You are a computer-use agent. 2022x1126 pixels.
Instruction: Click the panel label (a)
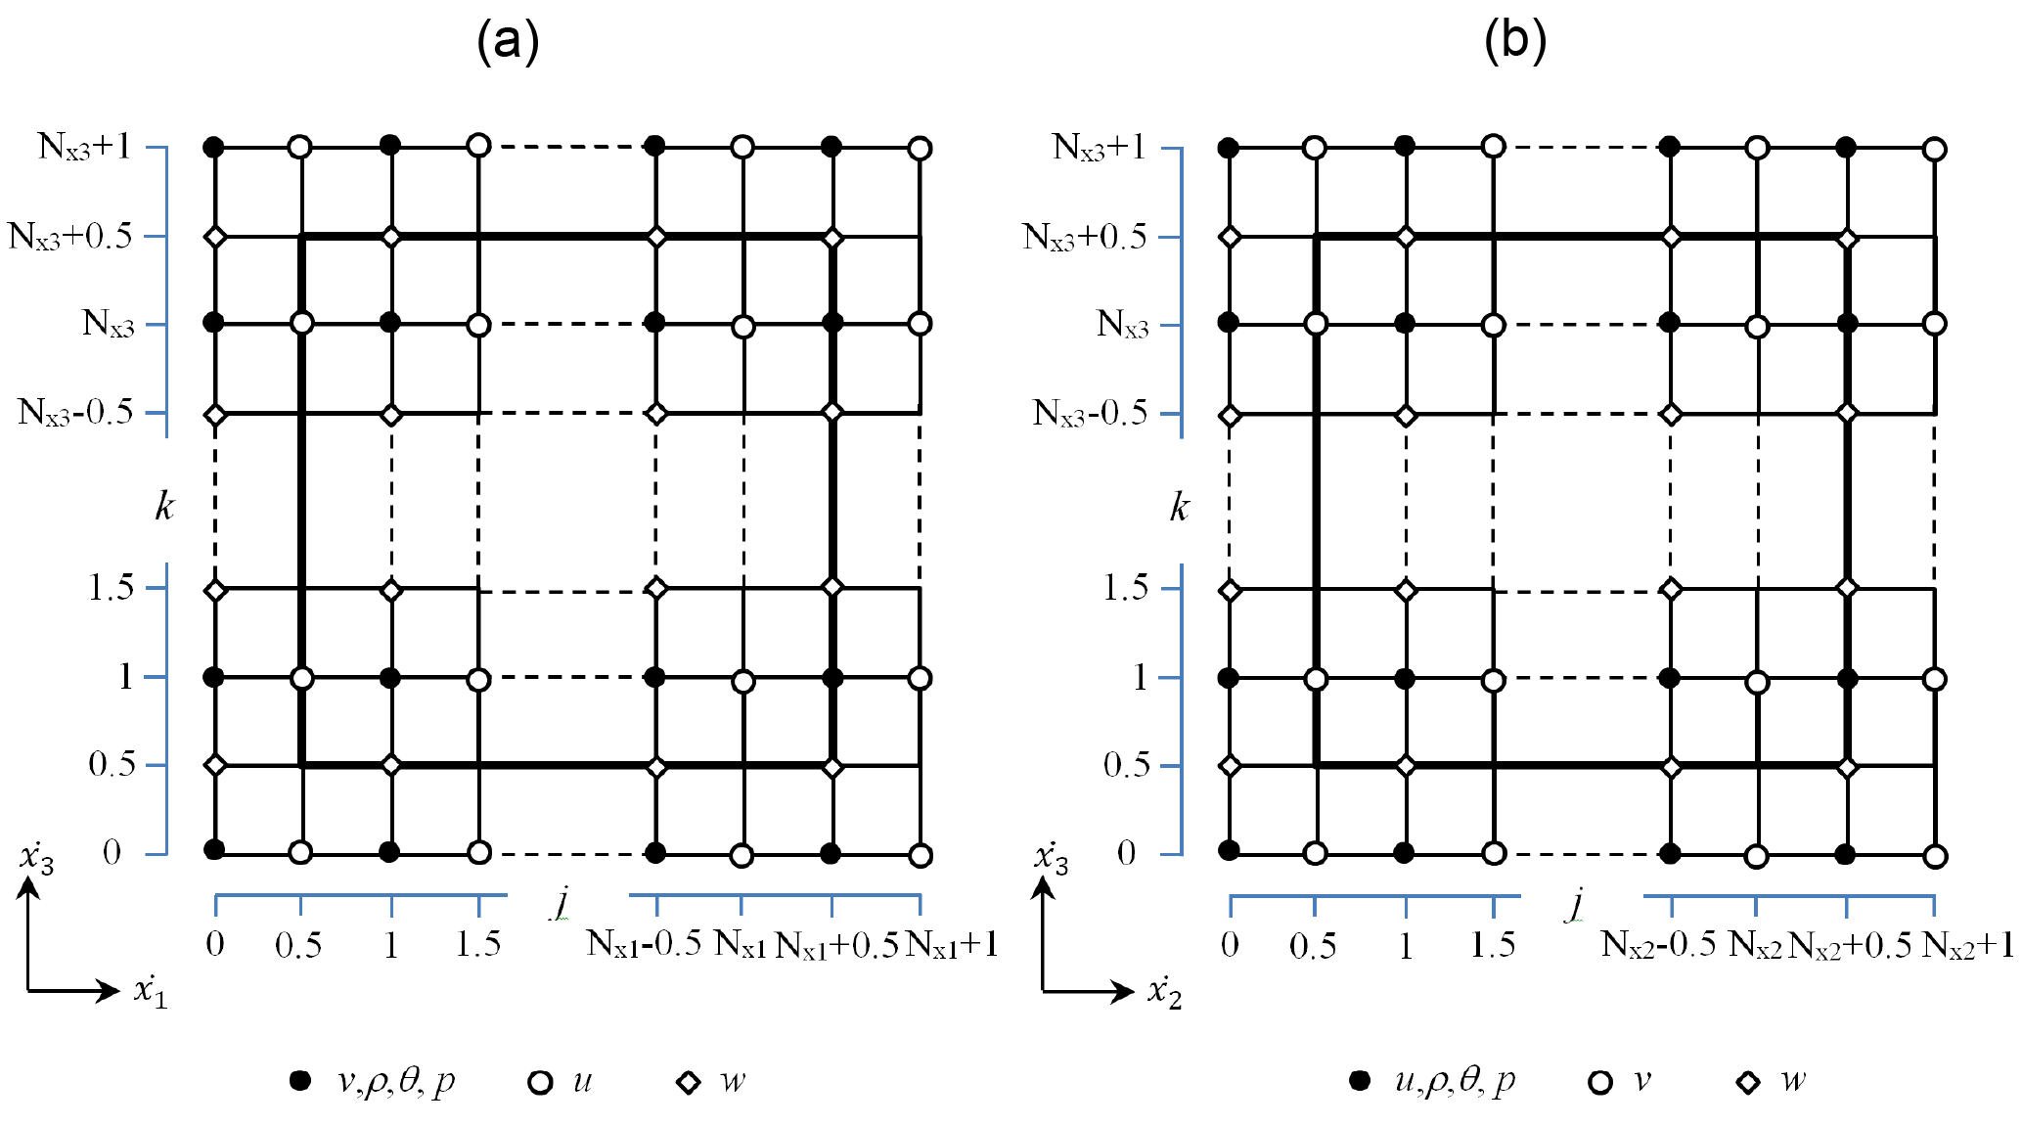click(x=507, y=41)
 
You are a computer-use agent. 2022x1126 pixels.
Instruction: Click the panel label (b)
click(x=1514, y=41)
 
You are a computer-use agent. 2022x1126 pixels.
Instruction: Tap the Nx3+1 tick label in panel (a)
click(x=84, y=147)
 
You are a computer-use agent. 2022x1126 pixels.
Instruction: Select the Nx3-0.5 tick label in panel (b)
click(x=1090, y=413)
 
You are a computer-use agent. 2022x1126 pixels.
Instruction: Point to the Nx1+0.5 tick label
click(x=836, y=945)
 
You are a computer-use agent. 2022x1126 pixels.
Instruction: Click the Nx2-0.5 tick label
click(x=1658, y=945)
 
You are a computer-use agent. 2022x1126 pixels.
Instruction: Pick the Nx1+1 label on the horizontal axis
click(x=952, y=945)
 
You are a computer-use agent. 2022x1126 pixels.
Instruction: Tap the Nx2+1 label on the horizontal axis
click(x=1967, y=945)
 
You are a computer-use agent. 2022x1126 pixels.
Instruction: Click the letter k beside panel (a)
click(x=164, y=507)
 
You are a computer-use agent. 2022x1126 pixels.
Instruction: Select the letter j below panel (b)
click(x=1575, y=902)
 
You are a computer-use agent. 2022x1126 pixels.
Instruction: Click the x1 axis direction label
click(x=151, y=992)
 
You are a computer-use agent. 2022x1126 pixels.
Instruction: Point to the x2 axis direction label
click(x=1165, y=992)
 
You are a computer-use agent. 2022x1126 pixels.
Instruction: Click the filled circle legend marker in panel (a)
click(x=300, y=1081)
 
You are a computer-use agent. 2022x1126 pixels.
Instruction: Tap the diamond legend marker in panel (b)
click(x=1748, y=1082)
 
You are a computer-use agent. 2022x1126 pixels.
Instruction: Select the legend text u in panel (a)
click(x=582, y=1081)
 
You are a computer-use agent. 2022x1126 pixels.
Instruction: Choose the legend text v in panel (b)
click(x=1642, y=1081)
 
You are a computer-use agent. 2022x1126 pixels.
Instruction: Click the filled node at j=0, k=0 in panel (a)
click(x=214, y=849)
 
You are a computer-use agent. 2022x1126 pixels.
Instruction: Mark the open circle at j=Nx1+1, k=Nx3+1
click(x=920, y=149)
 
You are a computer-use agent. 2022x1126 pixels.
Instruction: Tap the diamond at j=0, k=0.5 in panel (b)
click(x=1231, y=766)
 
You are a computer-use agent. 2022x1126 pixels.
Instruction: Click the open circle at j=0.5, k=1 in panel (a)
click(x=302, y=678)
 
